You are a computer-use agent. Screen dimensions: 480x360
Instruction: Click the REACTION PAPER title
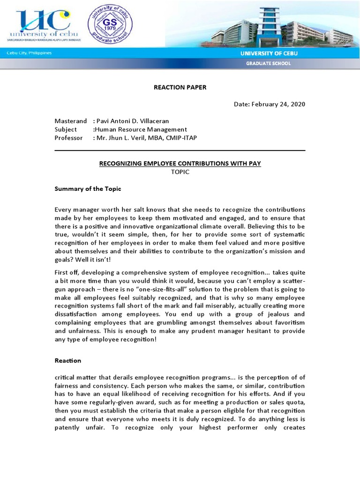click(x=180, y=87)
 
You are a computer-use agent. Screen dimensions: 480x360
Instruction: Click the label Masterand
click(x=71, y=121)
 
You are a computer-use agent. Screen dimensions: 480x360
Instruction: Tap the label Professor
click(x=68, y=138)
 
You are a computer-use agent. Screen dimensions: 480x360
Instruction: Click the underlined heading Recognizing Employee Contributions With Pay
click(x=180, y=164)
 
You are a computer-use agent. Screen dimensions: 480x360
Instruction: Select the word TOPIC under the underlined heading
click(x=180, y=172)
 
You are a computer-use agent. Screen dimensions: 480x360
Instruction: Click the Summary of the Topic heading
click(x=88, y=189)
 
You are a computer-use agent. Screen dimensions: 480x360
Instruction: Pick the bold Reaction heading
click(x=67, y=360)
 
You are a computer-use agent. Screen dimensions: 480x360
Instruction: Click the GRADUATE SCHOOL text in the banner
click(x=269, y=63)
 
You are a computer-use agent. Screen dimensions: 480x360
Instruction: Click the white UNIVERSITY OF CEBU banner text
click(x=269, y=53)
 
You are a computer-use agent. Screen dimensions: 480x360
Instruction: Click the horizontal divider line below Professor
click(x=180, y=150)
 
